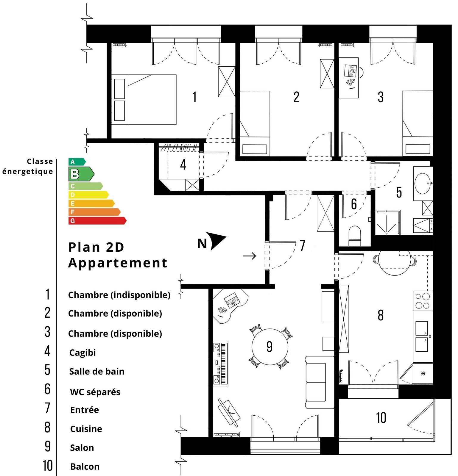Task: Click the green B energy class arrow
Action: [x=81, y=174]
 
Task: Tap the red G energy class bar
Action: [x=97, y=221]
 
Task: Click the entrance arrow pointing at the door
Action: [x=249, y=256]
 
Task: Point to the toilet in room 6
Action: [x=354, y=236]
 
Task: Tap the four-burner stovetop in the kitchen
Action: [x=423, y=301]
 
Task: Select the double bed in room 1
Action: [x=144, y=100]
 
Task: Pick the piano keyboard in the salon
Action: [x=221, y=364]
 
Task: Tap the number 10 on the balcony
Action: [x=381, y=418]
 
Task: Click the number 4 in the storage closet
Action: [x=183, y=164]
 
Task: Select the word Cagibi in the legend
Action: [x=82, y=353]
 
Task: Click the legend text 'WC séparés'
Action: [x=95, y=392]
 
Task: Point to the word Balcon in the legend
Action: [x=85, y=466]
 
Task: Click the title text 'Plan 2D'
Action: [x=96, y=247]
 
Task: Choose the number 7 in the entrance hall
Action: [x=303, y=245]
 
